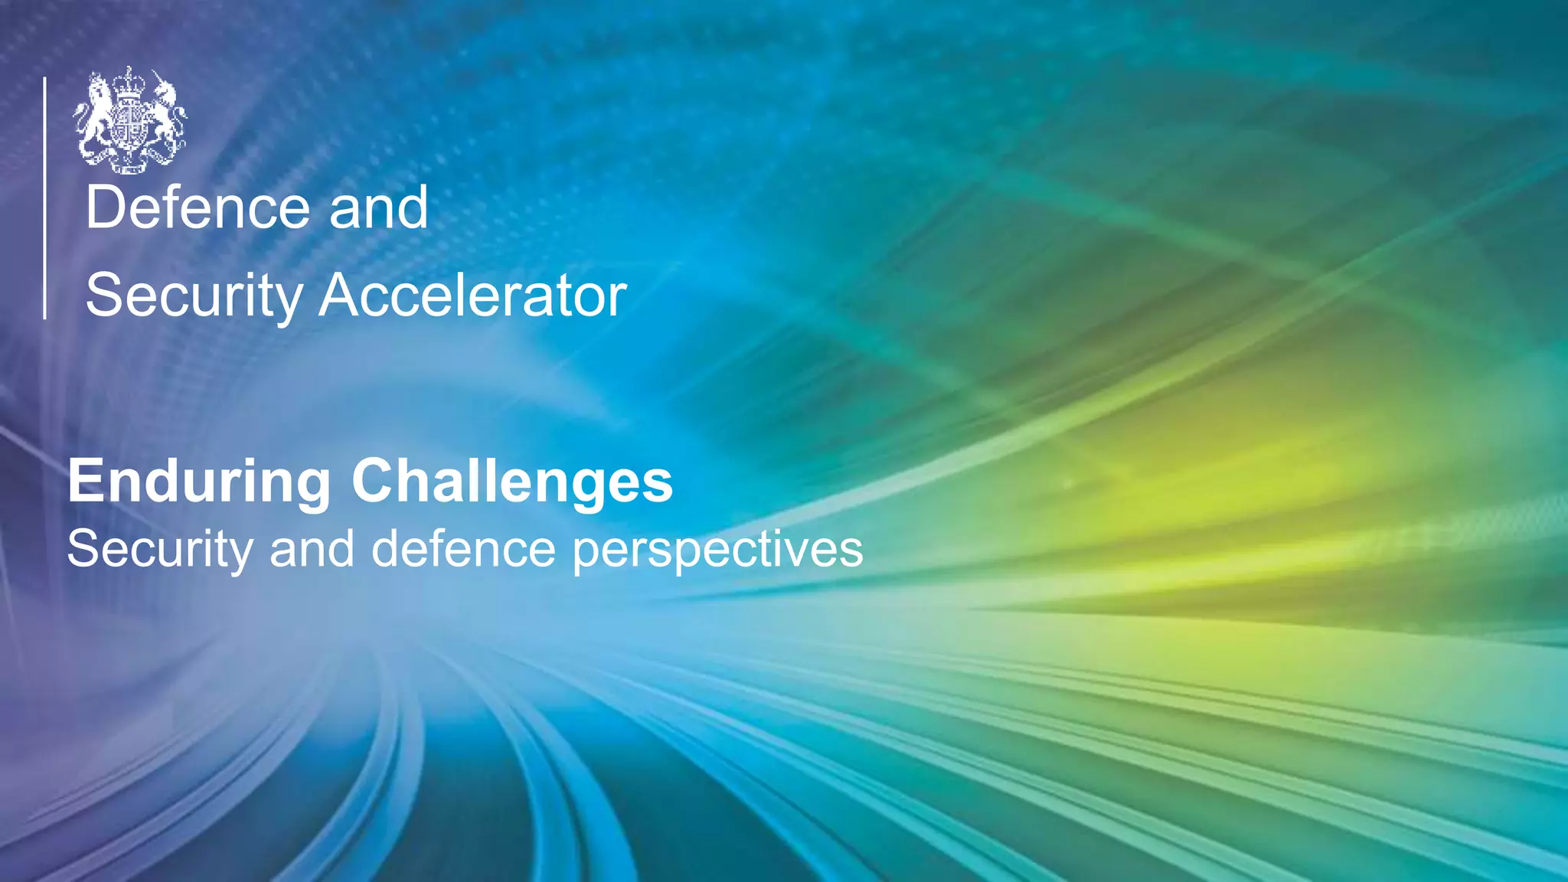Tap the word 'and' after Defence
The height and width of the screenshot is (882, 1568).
378,207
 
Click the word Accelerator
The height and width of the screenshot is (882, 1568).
472,296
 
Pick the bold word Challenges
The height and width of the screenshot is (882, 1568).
512,482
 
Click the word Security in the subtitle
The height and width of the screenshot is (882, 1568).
159,550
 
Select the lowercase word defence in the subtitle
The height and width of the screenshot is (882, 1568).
463,550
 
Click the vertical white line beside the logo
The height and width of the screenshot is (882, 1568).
45,198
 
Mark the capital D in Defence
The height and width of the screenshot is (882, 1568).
104,207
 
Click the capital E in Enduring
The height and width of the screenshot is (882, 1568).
84,481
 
